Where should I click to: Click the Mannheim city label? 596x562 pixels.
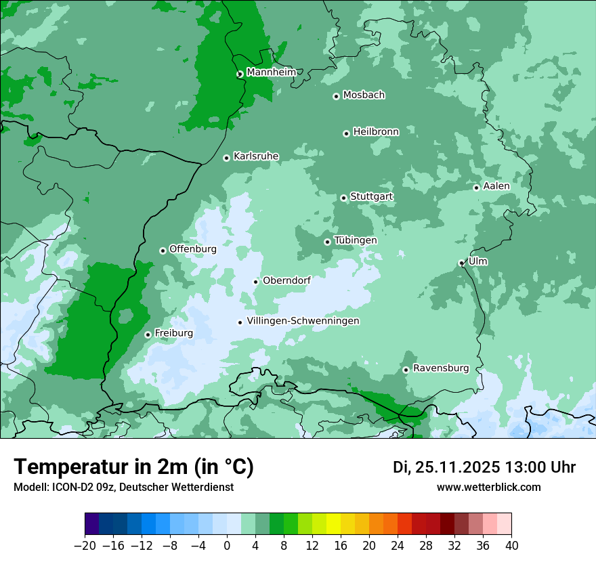(271, 72)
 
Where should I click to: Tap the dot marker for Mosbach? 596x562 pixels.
(336, 96)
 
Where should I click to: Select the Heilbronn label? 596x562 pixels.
(376, 132)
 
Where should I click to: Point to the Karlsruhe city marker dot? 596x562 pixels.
(227, 158)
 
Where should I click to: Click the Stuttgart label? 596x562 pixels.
(371, 197)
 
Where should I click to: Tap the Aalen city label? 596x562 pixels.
(496, 186)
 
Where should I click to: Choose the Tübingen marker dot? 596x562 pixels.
(328, 242)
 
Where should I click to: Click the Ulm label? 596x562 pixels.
(477, 261)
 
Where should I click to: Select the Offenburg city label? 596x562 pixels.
(193, 249)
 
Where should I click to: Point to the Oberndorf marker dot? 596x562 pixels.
(256, 282)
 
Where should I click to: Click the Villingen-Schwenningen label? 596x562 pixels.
(303, 321)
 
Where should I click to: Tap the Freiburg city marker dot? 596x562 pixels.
(148, 334)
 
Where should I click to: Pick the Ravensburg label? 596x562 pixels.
(440, 368)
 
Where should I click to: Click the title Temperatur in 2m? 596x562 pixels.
(133, 467)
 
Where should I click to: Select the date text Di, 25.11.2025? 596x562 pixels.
(446, 467)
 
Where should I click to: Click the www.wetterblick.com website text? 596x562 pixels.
(488, 488)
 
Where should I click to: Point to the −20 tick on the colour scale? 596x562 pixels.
(85, 546)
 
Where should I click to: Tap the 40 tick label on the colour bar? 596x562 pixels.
(511, 546)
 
